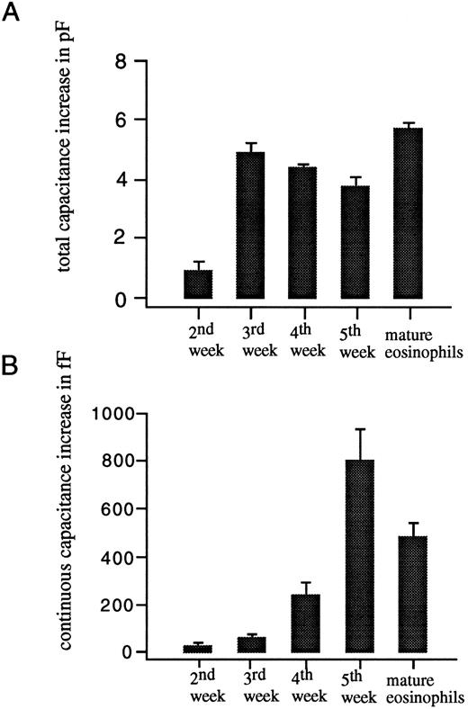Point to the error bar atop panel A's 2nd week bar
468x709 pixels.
(x=197, y=264)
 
